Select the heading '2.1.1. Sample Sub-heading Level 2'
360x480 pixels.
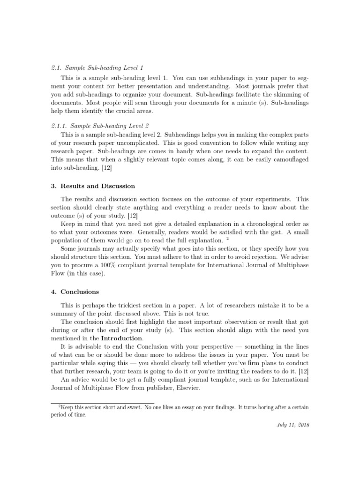point(100,126)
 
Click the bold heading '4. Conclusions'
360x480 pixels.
point(75,292)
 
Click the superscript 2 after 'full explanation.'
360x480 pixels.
point(227,239)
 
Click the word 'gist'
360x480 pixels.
point(265,232)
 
